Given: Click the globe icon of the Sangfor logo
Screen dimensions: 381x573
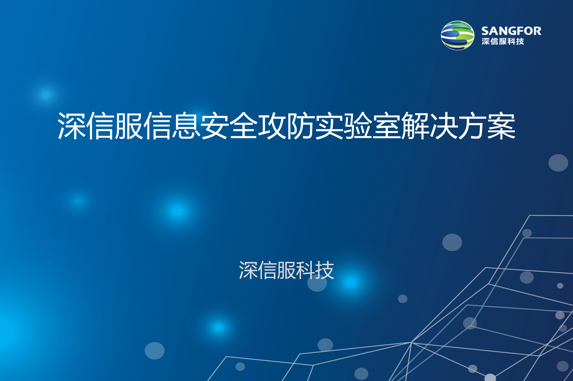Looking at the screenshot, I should point(458,35).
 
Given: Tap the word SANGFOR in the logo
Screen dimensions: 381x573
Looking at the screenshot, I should point(511,31).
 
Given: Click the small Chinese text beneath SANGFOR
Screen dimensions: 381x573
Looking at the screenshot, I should point(503,42).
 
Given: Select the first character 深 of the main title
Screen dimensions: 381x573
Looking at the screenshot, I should point(72,126).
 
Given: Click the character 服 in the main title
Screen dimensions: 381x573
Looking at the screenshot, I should point(129,126).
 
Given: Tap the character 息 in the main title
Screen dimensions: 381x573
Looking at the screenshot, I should point(186,126).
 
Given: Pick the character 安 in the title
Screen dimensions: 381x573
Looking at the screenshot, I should point(215,126).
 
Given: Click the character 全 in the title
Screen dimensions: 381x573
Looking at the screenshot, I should point(244,126).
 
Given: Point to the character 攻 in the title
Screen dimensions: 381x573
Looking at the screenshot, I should point(272,126).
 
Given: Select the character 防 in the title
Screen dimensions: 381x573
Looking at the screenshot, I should point(301,126).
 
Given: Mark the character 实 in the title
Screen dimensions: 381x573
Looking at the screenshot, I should point(329,126).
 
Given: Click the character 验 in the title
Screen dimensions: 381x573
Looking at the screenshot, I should point(358,126).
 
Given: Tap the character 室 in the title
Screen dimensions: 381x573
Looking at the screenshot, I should point(387,126).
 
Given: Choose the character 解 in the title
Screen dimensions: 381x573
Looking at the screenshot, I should point(415,126).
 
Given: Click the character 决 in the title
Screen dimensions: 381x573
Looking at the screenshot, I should point(444,126).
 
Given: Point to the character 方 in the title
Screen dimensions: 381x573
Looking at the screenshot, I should point(473,126).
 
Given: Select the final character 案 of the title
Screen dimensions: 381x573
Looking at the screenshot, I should point(501,126).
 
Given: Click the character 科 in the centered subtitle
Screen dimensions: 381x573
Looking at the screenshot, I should point(306,270).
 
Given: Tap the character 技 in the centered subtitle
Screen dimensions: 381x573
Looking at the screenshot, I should point(325,270).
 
